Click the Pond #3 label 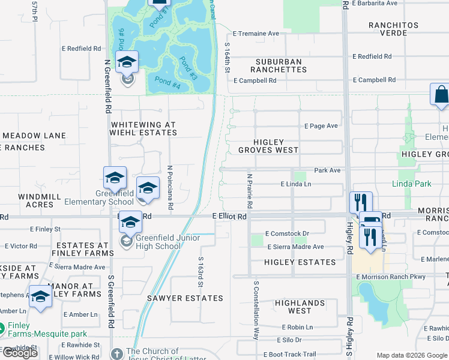(x=187, y=68)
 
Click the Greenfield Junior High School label (x=158, y=241)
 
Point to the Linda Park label (x=412, y=183)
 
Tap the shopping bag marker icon (x=441, y=95)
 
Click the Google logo (x=20, y=353)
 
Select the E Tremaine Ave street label (x=256, y=34)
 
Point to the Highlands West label (x=300, y=307)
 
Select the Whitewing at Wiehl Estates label (x=143, y=128)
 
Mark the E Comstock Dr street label (x=287, y=233)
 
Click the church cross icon (x=116, y=353)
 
